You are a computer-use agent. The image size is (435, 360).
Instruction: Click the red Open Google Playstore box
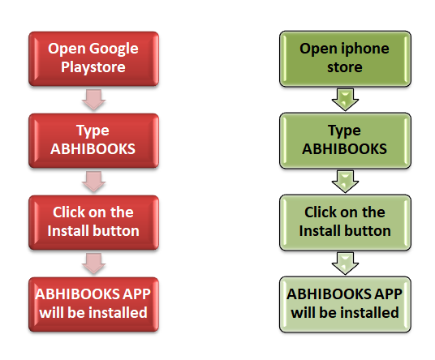click(x=94, y=58)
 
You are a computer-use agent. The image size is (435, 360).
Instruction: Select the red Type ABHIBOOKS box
click(x=94, y=140)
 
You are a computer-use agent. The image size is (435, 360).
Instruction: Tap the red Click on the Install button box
click(x=94, y=222)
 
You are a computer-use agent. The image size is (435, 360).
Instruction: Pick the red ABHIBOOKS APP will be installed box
click(x=94, y=304)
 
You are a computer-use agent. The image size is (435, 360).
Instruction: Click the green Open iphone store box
click(x=345, y=58)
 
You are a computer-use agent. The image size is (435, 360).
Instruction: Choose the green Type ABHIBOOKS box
click(x=345, y=140)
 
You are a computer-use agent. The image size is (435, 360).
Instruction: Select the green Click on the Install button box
click(x=345, y=222)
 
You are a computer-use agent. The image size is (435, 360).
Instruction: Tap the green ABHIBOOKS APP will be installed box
click(x=345, y=304)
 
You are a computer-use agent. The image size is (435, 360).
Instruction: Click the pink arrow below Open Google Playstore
click(x=94, y=100)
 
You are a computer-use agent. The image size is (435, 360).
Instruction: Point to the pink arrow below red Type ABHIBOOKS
click(x=94, y=182)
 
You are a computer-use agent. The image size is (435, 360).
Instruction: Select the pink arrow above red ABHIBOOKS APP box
click(x=94, y=264)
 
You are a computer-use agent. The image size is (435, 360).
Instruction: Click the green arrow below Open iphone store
click(x=345, y=100)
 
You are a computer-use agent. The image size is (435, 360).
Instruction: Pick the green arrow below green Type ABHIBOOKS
click(x=345, y=182)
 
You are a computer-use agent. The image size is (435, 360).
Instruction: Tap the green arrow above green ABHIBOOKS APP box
click(x=345, y=264)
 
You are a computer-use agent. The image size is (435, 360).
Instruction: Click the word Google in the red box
click(x=114, y=49)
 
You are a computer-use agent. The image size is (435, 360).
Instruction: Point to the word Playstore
click(x=93, y=67)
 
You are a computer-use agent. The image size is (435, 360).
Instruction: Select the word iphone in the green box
click(x=365, y=49)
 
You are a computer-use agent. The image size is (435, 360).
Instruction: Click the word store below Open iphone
click(x=345, y=67)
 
